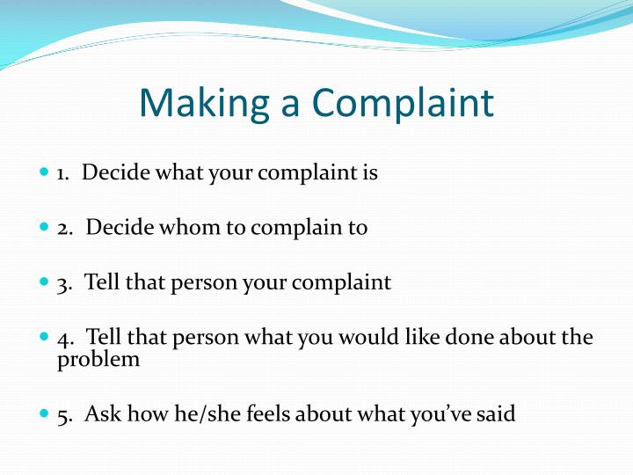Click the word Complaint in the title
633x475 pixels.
(403, 104)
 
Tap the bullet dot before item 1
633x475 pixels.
(46, 172)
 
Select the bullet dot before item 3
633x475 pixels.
(46, 283)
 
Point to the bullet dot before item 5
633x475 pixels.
(46, 413)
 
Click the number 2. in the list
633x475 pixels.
(65, 229)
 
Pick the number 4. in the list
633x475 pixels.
(65, 339)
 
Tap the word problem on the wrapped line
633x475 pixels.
(98, 359)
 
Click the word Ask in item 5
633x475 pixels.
(101, 413)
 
